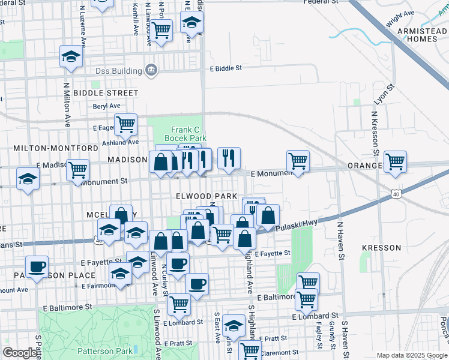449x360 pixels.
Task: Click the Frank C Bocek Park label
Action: (x=185, y=134)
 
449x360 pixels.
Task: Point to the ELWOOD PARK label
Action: (x=206, y=197)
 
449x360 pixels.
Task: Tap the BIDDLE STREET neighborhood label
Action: (x=106, y=93)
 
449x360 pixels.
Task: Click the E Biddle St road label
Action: (x=225, y=68)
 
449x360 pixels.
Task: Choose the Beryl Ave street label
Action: (x=106, y=106)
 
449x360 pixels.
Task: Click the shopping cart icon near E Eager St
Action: (x=125, y=125)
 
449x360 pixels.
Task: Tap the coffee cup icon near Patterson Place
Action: (x=36, y=266)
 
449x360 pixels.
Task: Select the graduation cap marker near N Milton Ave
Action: (x=70, y=57)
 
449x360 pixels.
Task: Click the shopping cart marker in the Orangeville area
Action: (x=395, y=161)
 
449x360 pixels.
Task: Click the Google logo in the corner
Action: (x=20, y=353)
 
